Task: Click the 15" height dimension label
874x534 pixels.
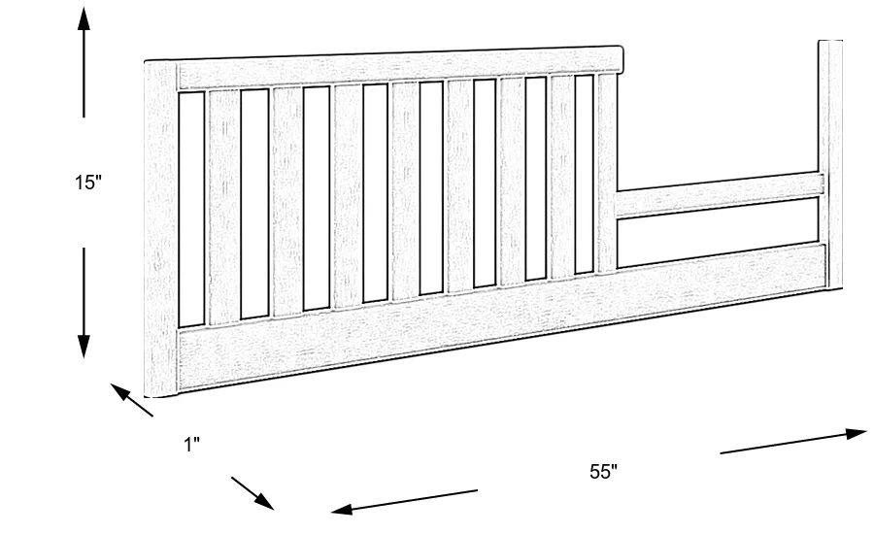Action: (87, 183)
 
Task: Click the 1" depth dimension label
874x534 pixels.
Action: (191, 445)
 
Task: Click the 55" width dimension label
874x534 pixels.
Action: (603, 473)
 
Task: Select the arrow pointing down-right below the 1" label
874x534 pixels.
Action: (252, 493)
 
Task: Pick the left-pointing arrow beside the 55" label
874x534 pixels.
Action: (404, 500)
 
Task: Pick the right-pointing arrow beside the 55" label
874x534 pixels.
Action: (792, 441)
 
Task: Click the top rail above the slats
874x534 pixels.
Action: (398, 65)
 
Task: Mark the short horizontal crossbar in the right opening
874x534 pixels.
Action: (719, 193)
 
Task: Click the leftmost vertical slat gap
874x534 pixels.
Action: (191, 209)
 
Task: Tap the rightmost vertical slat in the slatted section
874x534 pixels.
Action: (607, 173)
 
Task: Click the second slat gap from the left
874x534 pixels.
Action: (254, 204)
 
